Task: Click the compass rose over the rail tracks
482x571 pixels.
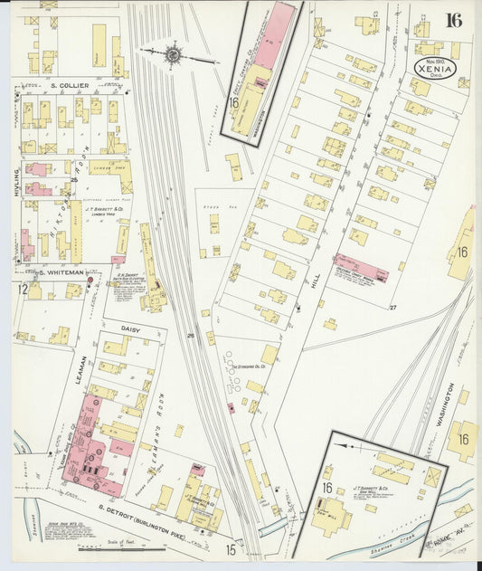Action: click(x=173, y=56)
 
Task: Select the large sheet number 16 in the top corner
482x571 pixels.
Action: click(x=453, y=22)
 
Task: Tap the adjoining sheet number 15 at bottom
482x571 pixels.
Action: click(x=232, y=548)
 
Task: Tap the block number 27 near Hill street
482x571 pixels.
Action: click(x=393, y=309)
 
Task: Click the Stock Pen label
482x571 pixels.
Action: click(x=214, y=206)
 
